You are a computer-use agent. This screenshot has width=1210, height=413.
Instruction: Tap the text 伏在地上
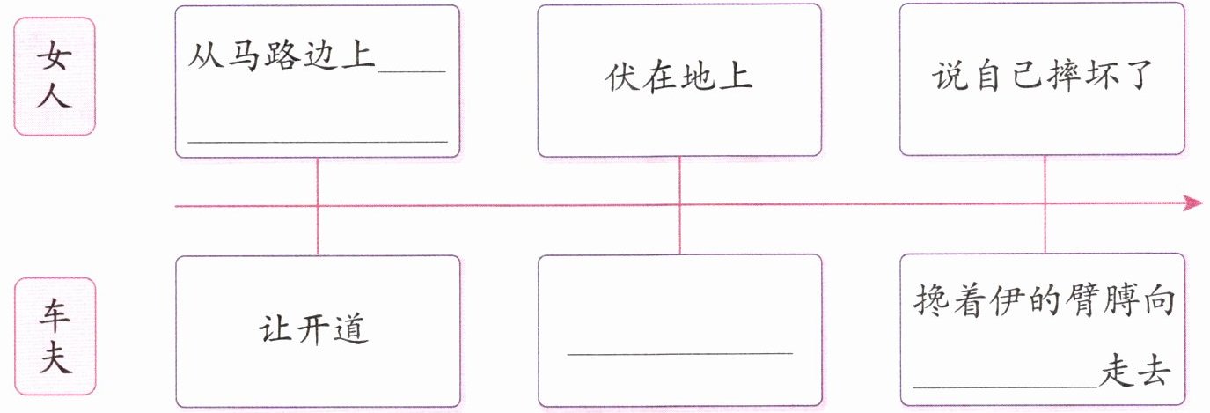[678, 77]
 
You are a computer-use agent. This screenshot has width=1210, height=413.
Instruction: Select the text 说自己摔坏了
[1042, 77]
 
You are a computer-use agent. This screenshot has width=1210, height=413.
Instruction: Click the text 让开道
[314, 330]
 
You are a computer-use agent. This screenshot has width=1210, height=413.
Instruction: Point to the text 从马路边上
[282, 57]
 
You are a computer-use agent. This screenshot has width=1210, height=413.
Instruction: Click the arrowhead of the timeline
[1194, 203]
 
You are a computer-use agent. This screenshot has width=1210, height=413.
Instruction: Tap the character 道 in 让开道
[351, 330]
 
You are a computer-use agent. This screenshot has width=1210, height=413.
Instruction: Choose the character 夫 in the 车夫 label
[55, 360]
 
